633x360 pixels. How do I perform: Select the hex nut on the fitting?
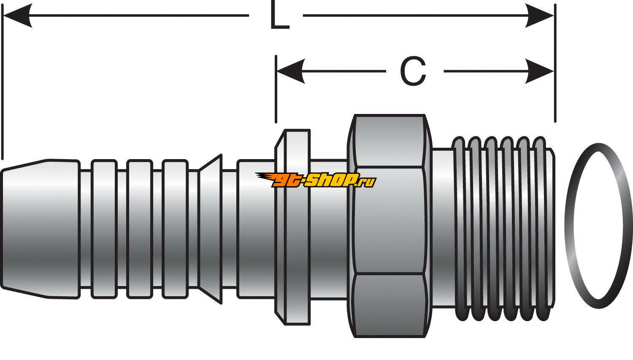click(x=389, y=226)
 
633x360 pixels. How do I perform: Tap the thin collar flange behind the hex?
click(x=292, y=228)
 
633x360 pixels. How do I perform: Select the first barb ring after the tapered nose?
click(x=104, y=228)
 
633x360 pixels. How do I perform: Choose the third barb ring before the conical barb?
click(x=175, y=228)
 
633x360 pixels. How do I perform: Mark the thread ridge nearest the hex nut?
click(x=460, y=228)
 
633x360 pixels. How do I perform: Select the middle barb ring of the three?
click(x=140, y=228)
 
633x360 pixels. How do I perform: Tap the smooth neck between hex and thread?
click(x=442, y=228)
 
